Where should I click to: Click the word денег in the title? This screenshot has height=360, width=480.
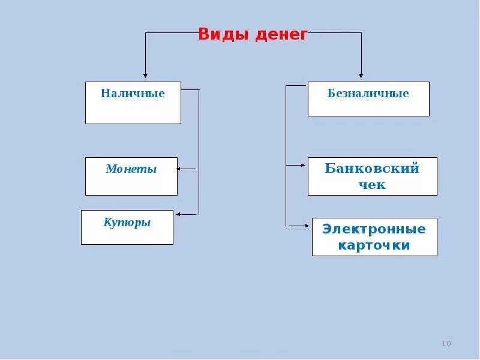[x=281, y=34]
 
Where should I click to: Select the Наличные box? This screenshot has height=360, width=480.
[x=133, y=103]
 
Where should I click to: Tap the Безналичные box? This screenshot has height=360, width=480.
[x=368, y=99]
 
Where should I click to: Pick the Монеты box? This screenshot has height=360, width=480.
[x=131, y=176]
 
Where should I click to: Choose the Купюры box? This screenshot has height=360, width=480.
[x=127, y=227]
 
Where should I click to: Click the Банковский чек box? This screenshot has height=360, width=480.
[x=372, y=176]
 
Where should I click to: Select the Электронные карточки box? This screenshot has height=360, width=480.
[x=374, y=237]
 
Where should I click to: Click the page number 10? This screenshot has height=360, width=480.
[x=446, y=344]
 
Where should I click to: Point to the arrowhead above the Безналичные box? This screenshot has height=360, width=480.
[x=361, y=76]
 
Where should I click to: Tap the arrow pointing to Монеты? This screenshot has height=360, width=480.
[x=180, y=169]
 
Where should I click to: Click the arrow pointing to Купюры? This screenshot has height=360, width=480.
[x=180, y=214]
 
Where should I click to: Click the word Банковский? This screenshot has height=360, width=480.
[x=372, y=168]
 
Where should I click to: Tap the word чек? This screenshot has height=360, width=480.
[x=372, y=185]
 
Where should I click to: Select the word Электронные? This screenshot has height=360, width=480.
[x=374, y=229]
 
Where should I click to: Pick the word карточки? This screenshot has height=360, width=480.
[x=374, y=245]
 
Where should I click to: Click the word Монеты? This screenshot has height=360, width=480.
[x=131, y=169]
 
